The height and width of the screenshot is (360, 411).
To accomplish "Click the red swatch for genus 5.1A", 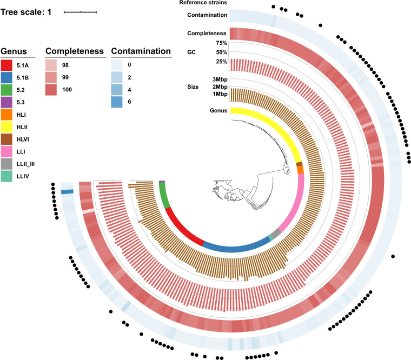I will point(8,65).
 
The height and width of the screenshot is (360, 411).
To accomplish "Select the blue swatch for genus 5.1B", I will point(8,78).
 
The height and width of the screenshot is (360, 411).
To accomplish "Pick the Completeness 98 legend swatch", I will point(52,65).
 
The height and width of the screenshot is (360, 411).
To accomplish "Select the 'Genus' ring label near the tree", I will point(218,111).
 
